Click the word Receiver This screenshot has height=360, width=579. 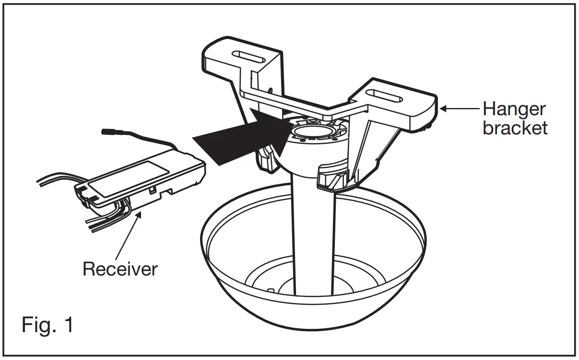point(119,269)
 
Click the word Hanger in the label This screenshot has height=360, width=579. point(514,109)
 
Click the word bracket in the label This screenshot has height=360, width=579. point(515,128)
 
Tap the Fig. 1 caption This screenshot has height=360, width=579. point(47,325)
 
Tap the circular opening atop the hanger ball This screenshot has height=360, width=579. point(312,132)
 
